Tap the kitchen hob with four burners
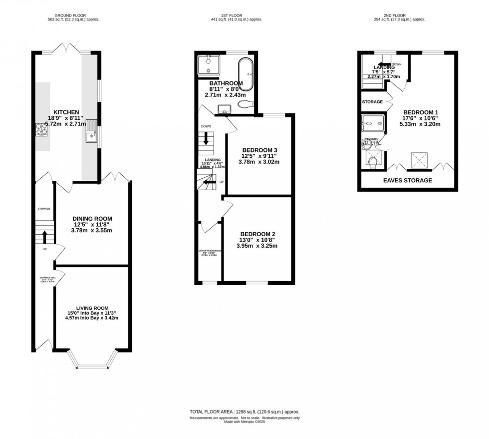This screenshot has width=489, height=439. [40, 129]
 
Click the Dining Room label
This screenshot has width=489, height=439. [92, 218]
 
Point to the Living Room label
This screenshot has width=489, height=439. [92, 308]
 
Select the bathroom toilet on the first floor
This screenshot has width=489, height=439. [244, 104]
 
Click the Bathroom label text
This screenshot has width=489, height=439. [226, 83]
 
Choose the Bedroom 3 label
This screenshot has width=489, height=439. [259, 150]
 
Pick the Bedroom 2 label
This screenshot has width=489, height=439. [257, 234]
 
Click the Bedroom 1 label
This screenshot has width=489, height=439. [421, 111]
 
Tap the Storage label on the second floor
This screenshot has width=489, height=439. [372, 102]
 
